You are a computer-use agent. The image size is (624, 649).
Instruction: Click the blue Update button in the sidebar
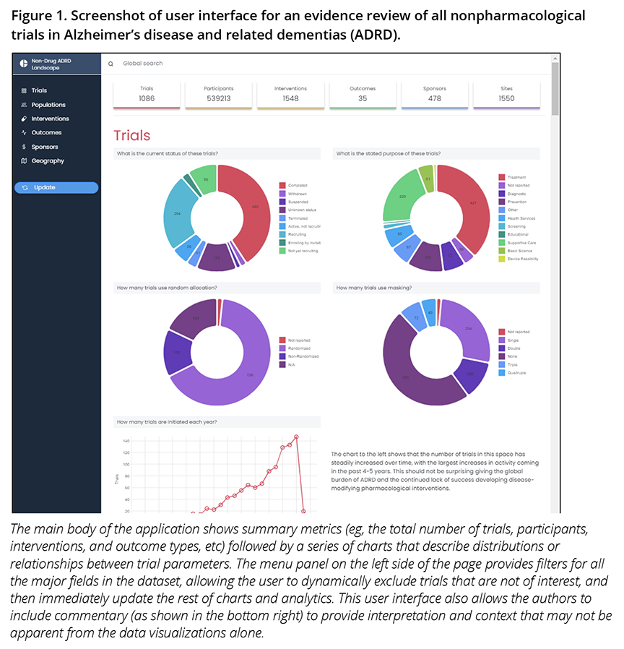(56, 187)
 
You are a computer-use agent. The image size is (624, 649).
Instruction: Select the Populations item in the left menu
(48, 105)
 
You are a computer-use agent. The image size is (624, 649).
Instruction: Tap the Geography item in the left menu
(47, 160)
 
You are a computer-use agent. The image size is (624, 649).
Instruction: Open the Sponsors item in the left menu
(44, 147)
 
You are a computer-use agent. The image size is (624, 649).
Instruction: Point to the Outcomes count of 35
(362, 98)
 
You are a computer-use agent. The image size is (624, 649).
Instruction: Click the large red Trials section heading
(132, 135)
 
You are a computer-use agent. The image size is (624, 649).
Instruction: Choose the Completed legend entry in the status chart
(297, 186)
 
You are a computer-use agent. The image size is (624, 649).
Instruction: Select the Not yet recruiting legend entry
(303, 251)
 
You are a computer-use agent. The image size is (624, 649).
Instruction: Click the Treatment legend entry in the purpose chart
(516, 177)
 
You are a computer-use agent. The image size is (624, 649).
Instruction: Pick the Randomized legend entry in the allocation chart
(300, 348)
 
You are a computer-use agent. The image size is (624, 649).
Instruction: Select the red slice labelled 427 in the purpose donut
(472, 202)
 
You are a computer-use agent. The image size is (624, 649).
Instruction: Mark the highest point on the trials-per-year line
(296, 437)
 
